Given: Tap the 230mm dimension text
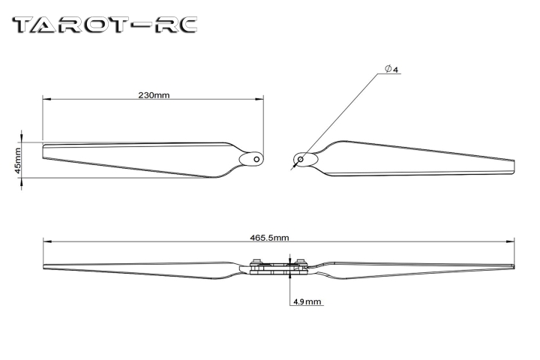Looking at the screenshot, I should tap(153, 96).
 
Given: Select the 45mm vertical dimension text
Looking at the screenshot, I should tap(18, 159).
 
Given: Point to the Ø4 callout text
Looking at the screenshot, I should tap(391, 70).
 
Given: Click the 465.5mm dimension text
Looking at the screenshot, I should tap(270, 237).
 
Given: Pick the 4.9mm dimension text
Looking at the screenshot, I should tap(307, 301).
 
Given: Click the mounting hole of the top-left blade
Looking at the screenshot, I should tap(256, 159).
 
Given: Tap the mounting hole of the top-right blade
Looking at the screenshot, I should tap(301, 158).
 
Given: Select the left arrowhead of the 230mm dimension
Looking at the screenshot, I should tap(45, 98).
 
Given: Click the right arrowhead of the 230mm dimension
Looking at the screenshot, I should tap(262, 98).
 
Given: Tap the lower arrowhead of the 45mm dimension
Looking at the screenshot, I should tap(22, 178).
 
